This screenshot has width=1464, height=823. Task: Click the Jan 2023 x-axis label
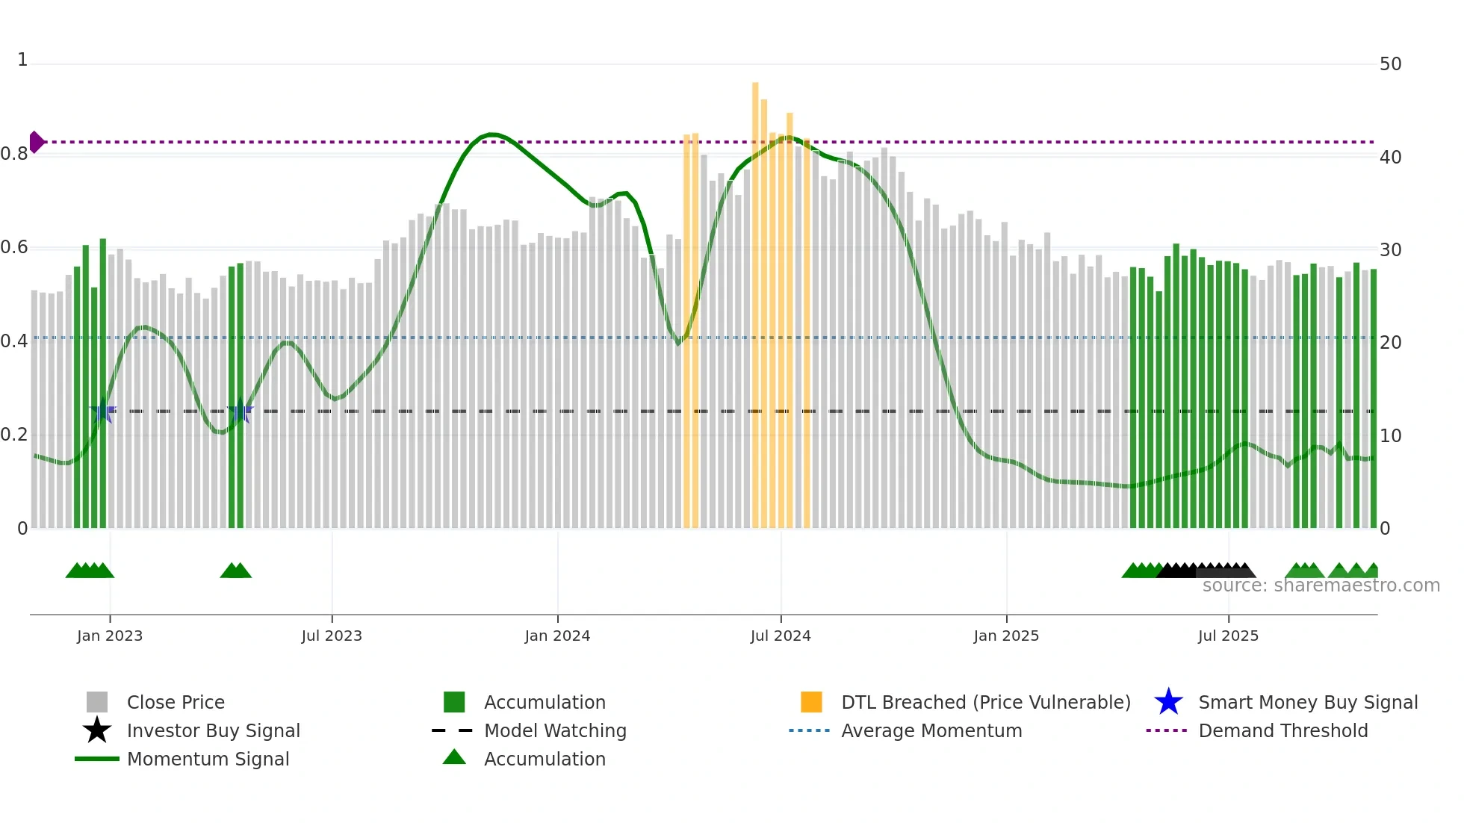point(109,636)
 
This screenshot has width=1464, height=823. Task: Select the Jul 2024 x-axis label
point(781,636)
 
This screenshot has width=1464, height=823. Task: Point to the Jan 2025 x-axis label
point(1006,636)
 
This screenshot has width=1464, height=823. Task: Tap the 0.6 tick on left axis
point(14,247)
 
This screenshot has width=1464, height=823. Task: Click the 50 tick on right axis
point(1390,64)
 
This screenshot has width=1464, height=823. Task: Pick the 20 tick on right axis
point(1390,343)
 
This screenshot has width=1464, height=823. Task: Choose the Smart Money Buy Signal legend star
point(1168,702)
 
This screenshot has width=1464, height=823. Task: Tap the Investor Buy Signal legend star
point(97,730)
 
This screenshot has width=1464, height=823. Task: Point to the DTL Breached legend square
point(811,702)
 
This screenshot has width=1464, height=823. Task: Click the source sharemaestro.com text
point(1321,586)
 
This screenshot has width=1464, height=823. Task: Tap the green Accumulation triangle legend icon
point(454,757)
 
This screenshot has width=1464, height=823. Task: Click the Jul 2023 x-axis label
point(332,636)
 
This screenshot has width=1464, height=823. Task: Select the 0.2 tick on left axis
point(14,435)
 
